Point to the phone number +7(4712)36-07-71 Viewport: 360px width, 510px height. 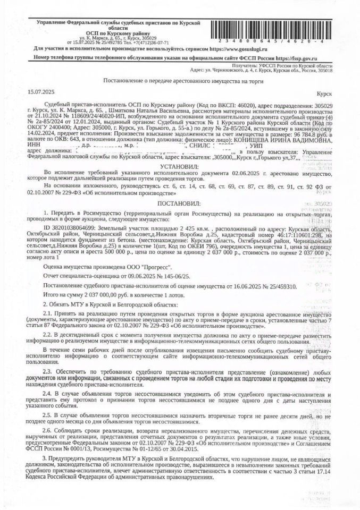(x=152, y=41)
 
